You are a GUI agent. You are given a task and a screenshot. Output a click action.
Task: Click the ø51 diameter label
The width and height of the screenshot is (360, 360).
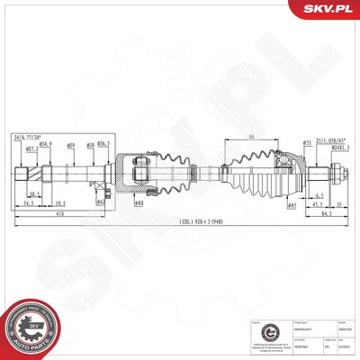pos(307,142)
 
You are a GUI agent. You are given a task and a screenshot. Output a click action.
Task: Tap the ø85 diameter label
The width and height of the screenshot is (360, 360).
pos(292,205)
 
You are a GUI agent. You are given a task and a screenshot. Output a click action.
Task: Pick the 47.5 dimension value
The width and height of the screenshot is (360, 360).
pos(318,205)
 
